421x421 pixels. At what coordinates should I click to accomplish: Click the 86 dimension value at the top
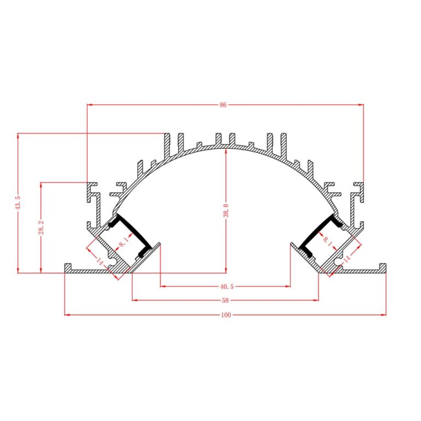click(x=223, y=105)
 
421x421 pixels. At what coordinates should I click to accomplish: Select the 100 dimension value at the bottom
click(x=226, y=315)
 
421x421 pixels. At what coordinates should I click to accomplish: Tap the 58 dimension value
click(x=225, y=300)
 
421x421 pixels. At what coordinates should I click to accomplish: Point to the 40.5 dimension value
click(x=227, y=287)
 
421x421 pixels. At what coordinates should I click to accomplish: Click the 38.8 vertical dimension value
click(x=226, y=210)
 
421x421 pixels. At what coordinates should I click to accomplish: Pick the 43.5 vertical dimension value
click(x=18, y=202)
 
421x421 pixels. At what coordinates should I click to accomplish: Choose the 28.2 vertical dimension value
click(x=41, y=227)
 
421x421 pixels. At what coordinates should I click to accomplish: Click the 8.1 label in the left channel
click(x=124, y=241)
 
